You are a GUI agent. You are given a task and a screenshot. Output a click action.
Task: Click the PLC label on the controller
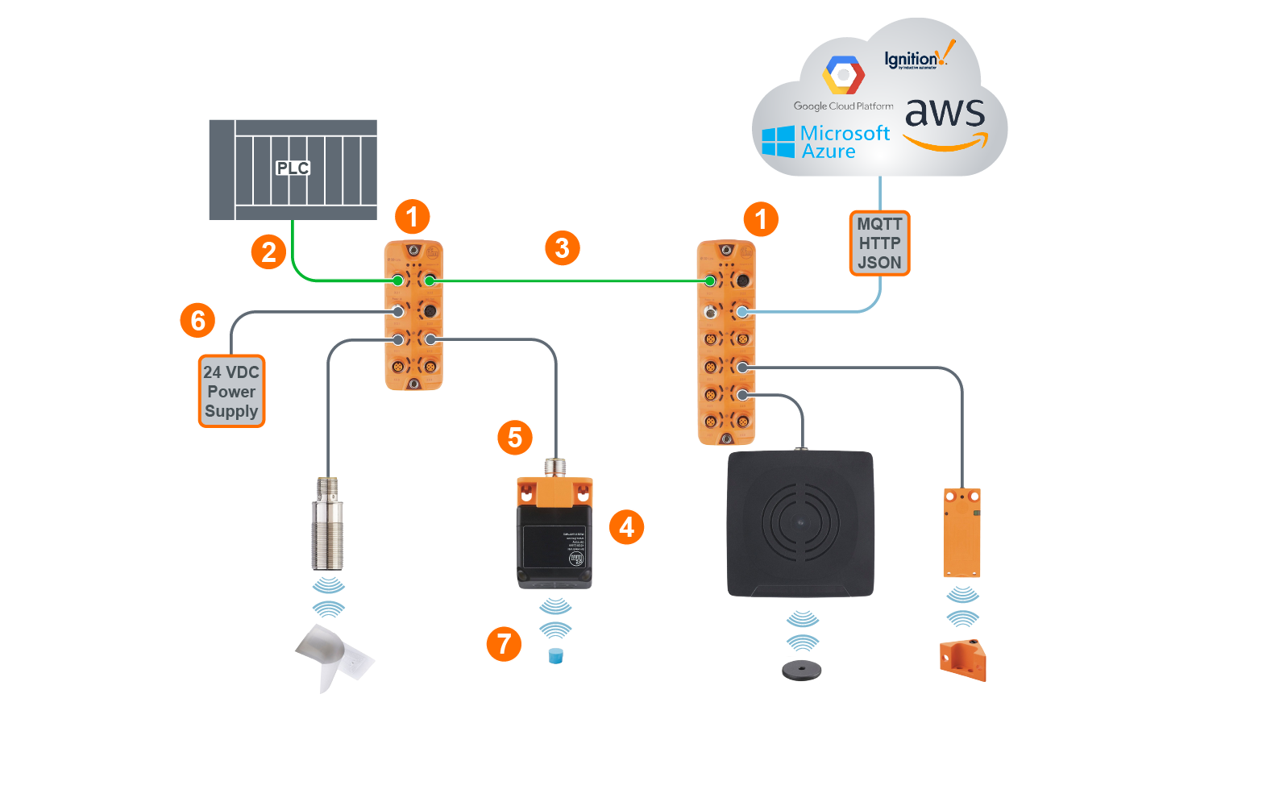coord(293,168)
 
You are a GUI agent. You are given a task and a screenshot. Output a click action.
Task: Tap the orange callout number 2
coord(268,252)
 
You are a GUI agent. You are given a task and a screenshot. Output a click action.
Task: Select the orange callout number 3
coord(562,248)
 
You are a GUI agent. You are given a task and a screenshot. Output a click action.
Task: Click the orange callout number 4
coord(626,527)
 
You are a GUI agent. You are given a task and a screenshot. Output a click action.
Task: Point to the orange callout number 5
coord(515,438)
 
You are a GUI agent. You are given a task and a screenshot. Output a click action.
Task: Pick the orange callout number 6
coord(197,321)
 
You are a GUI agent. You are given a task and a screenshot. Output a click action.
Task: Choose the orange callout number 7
coord(504,644)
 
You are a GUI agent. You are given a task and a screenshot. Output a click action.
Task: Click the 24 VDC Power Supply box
coord(231,392)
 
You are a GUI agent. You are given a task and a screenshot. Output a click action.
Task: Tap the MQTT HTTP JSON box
coord(879,243)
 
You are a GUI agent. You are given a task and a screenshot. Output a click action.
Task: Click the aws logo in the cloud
coord(945,121)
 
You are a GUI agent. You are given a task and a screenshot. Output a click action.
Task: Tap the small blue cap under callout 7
coord(555,656)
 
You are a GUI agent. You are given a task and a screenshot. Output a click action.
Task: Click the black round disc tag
coord(801,670)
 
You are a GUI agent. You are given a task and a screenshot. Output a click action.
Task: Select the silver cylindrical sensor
coord(327,525)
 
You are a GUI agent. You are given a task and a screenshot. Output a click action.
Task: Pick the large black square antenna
coord(800,524)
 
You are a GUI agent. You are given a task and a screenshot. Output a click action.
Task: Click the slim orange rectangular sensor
coord(961,532)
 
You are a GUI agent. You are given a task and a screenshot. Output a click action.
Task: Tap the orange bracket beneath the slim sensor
coord(963,660)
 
